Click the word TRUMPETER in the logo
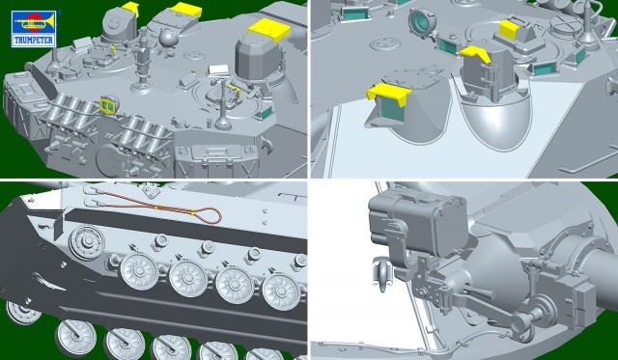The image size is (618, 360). coord(34,41)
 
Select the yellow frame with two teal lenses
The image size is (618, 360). coord(109,105)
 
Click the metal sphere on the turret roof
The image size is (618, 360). coord(168,38)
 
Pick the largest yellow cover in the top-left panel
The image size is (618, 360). coord(269,30)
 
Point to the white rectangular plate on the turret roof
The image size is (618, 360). coord(218,69)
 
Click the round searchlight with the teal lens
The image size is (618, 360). coord(422,23)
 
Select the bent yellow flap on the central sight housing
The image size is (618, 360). coord(476,53)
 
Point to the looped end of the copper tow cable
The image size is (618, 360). coord(208,215)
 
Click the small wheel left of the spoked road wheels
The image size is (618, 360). coord(87,242)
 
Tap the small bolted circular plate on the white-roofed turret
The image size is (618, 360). coord(384,43)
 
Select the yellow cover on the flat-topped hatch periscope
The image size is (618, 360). coord(509,28)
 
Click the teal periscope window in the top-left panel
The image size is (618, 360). coord(265,113)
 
